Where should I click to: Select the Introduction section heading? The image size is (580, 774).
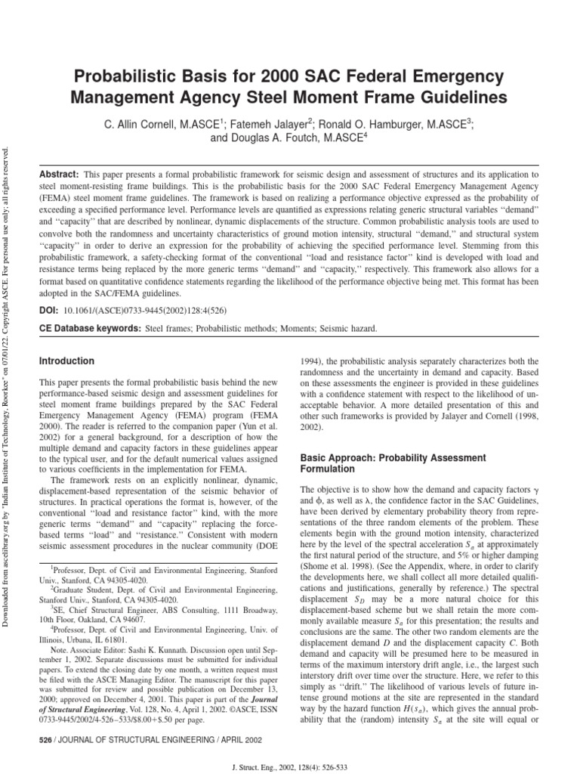point(67,361)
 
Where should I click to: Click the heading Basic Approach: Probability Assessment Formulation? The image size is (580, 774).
point(383,464)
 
